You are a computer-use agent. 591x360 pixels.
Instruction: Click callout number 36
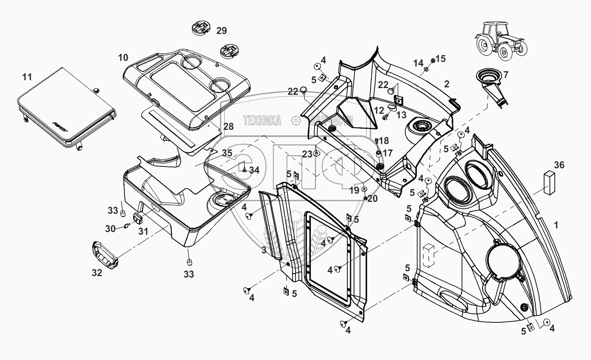point(559,165)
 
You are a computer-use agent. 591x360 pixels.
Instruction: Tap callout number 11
point(27,77)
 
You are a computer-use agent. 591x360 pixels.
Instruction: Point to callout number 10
point(123,57)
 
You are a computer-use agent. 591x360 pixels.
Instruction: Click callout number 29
point(222,31)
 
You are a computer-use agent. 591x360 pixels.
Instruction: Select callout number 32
point(97,273)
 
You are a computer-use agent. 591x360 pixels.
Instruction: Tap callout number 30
point(110,228)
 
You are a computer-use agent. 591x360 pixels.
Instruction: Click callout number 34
point(254,170)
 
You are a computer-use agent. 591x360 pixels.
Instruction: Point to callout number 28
point(228,126)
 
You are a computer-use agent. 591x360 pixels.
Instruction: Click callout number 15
point(441,59)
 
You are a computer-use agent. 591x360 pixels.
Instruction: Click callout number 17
point(387,153)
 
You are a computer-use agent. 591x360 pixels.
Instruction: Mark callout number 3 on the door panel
point(264,250)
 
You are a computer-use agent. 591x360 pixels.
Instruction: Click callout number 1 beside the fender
point(556,225)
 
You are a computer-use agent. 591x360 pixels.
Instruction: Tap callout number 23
point(307,154)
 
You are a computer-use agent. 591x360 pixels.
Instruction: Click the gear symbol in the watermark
point(295,120)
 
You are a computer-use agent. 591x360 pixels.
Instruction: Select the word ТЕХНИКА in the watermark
point(262,120)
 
